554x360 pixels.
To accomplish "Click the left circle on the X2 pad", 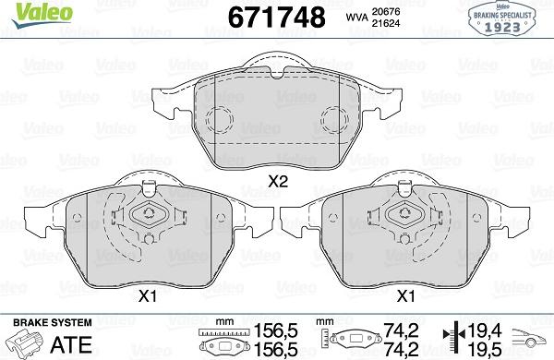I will [x=220, y=120].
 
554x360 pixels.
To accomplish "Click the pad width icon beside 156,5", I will [x=223, y=339].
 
